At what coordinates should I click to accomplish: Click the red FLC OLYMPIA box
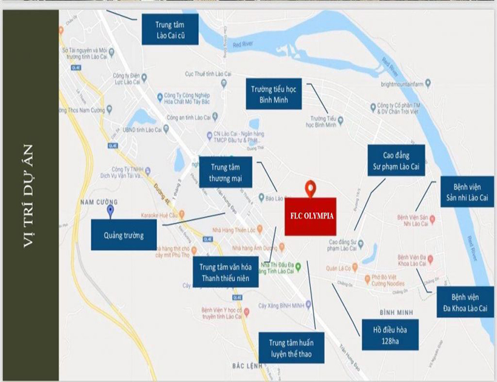click(x=310, y=216)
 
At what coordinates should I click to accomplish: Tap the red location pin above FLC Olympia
click(x=310, y=189)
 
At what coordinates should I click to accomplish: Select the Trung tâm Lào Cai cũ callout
click(x=170, y=29)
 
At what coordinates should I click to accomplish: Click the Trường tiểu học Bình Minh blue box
click(x=274, y=94)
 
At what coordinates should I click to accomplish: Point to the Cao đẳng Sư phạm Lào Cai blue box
click(x=396, y=160)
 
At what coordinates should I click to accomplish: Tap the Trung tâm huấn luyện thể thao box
click(x=290, y=347)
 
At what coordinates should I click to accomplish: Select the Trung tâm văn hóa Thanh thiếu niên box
click(x=225, y=272)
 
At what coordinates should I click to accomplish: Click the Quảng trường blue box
click(x=124, y=235)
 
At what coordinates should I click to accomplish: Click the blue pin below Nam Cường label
click(x=110, y=211)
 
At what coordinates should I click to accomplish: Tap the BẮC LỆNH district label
click(x=246, y=366)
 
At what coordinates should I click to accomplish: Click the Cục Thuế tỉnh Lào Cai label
click(x=208, y=73)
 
